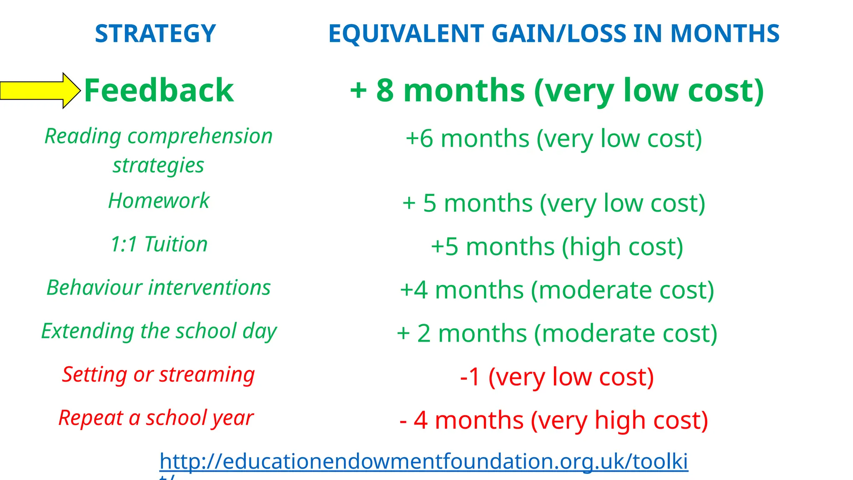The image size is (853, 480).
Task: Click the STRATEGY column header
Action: [155, 34]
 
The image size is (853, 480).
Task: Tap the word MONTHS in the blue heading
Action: [725, 34]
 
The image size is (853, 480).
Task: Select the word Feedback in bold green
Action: [159, 90]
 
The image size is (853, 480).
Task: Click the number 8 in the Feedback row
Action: [385, 90]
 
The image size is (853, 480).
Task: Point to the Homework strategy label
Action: [159, 201]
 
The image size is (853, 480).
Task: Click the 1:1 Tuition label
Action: [159, 244]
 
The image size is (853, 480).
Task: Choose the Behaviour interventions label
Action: [159, 288]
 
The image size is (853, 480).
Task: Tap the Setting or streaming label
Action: [159, 375]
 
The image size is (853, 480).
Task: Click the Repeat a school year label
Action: [156, 418]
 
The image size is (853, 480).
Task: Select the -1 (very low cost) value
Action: [557, 377]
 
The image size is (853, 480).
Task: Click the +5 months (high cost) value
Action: [557, 247]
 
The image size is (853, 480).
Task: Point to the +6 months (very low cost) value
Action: [554, 139]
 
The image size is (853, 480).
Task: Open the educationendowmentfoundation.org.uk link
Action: [424, 462]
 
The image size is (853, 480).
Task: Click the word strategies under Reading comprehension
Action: [159, 165]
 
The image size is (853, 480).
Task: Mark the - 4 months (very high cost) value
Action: [554, 420]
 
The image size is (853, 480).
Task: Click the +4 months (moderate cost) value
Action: [557, 290]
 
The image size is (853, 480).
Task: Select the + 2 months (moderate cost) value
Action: [557, 333]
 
